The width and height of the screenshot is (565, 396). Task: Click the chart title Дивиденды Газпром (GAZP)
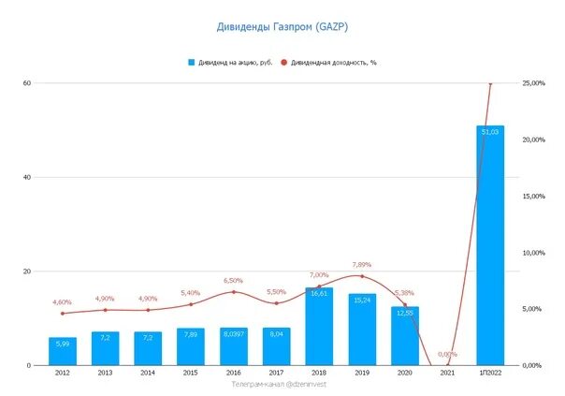pos(282,26)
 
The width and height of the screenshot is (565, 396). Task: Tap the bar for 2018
pos(319,328)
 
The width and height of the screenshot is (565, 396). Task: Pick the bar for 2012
pos(63,352)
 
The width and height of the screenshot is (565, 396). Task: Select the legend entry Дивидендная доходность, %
pos(333,63)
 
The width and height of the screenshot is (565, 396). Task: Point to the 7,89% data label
pos(361,264)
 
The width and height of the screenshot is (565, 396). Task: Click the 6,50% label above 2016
pos(233,280)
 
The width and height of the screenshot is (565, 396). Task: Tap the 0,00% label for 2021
pos(448,354)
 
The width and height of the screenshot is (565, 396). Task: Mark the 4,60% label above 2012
pos(62,301)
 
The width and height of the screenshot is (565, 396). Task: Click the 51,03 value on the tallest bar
pos(490,132)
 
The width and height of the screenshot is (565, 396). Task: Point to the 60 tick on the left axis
pos(27,83)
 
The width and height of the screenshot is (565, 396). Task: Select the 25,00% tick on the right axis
pos(534,83)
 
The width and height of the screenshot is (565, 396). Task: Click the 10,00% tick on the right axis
pos(534,253)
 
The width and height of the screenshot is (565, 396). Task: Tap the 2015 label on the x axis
pos(191,374)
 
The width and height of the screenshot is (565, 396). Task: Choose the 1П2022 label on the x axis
pos(490,374)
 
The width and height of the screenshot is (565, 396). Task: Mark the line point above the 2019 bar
pos(362,276)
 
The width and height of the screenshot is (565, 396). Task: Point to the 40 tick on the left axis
pos(27,177)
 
